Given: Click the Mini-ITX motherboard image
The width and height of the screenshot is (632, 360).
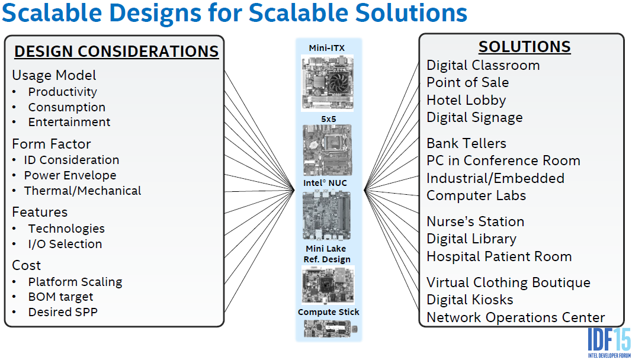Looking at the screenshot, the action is [327, 83].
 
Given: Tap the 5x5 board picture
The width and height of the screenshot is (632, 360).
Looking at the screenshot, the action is [327, 150].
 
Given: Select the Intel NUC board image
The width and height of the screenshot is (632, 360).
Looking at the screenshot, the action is [327, 216].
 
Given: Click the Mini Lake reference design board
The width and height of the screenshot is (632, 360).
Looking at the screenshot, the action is [328, 285].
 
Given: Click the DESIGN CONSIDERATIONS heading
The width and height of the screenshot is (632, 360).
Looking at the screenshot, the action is [117, 52].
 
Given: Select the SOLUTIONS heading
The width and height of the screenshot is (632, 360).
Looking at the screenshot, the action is [524, 47].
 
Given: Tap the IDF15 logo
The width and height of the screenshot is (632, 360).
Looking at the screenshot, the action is [609, 342].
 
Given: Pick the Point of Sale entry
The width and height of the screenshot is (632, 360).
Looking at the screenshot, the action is [467, 83].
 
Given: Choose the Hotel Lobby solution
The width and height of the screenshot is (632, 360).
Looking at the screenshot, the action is [466, 101].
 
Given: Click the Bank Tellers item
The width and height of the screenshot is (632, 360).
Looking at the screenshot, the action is [466, 143].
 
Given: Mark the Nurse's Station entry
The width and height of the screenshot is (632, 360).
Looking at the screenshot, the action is [475, 221].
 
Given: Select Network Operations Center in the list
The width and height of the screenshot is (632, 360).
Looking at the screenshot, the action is [515, 317].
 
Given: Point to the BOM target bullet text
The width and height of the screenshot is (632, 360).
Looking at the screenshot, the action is [60, 297].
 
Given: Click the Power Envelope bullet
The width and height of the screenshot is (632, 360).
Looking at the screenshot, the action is [70, 175].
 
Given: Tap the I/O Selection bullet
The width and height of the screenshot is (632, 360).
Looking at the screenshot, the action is [65, 244].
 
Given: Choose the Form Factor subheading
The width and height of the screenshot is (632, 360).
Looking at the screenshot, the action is [52, 144].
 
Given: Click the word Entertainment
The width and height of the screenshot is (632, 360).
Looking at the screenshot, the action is [69, 122].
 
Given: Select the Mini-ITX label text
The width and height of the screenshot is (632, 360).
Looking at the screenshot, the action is [327, 49].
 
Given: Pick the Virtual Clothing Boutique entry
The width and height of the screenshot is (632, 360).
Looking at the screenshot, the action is [508, 282].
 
